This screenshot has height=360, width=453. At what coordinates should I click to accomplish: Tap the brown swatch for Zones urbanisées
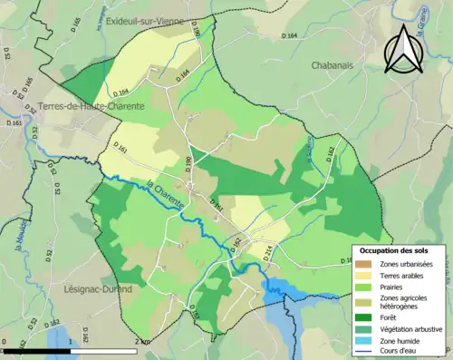[363, 263]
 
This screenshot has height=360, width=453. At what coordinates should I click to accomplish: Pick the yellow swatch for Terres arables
[363, 275]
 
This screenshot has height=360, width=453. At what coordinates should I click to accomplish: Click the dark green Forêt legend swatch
[363, 316]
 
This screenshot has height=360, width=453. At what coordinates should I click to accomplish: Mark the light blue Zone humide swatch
[363, 340]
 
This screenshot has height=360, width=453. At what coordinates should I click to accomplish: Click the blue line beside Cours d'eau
[363, 352]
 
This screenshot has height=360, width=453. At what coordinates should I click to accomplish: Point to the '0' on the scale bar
[5, 341]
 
